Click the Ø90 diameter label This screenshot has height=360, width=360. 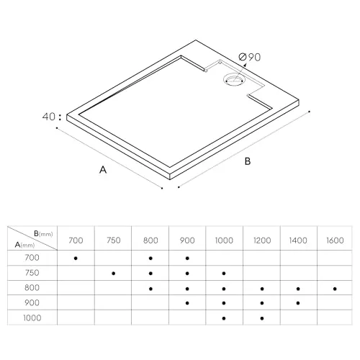click(x=250, y=57)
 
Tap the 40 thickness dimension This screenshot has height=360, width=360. click(x=49, y=117)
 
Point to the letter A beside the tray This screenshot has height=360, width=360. click(x=103, y=170)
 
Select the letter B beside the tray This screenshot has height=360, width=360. click(x=248, y=161)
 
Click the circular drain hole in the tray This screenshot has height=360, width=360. click(x=233, y=81)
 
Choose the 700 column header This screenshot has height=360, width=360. click(x=76, y=240)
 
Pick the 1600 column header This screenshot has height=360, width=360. click(x=335, y=240)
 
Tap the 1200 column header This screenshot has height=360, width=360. click(x=262, y=240)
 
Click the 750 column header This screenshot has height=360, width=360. click(x=114, y=240)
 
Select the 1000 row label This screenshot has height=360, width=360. click(x=32, y=318)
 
